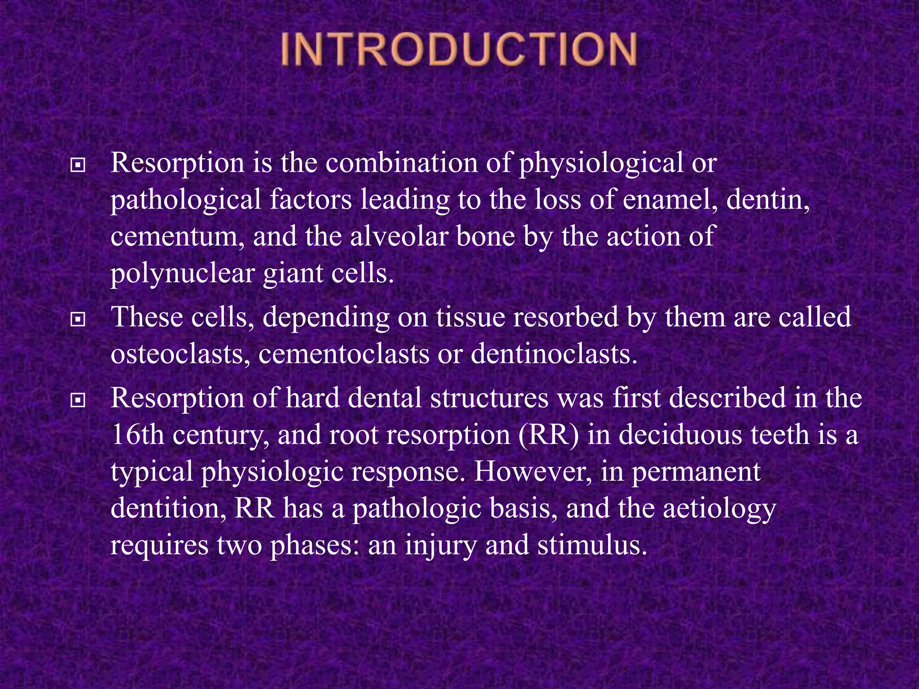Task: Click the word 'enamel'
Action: point(670,200)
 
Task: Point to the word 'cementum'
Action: point(177,237)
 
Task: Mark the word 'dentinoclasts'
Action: point(553,355)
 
